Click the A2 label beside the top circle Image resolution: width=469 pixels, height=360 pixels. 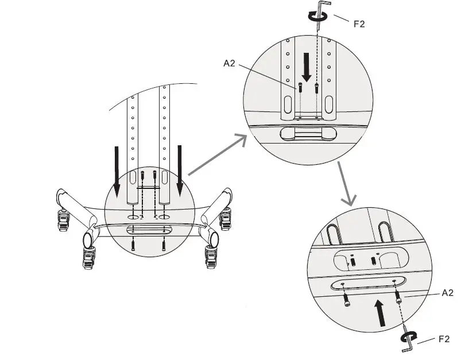click(x=229, y=63)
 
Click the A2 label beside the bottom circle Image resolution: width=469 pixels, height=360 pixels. click(x=447, y=293)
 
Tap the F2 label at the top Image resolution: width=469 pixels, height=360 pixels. click(x=359, y=24)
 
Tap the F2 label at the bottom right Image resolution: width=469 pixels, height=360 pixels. click(x=444, y=339)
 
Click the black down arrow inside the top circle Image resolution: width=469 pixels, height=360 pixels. click(x=307, y=67)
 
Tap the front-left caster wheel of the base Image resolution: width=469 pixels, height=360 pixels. click(x=88, y=258)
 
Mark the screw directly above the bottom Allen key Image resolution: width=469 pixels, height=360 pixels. click(x=397, y=297)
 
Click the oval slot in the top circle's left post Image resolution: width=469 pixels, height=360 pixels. click(x=288, y=104)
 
